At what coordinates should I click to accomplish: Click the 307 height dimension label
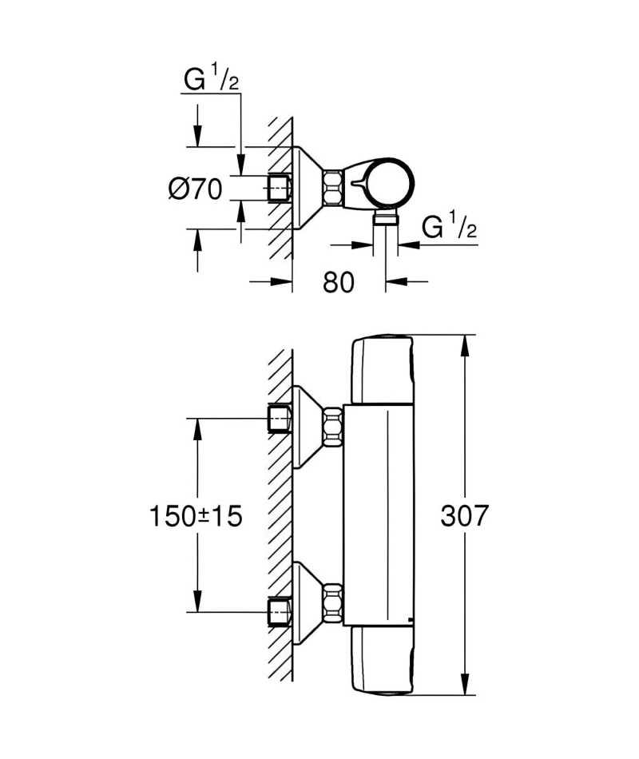click(x=464, y=516)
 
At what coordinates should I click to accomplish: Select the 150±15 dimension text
click(x=196, y=516)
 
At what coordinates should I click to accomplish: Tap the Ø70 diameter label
click(x=196, y=189)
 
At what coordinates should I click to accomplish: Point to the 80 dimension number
click(x=339, y=282)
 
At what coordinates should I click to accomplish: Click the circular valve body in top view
click(x=389, y=183)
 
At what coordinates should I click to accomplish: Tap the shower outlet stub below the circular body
click(x=386, y=217)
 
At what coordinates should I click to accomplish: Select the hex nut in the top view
click(x=332, y=188)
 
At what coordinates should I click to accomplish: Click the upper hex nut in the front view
click(x=332, y=427)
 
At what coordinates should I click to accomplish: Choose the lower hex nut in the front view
click(x=332, y=602)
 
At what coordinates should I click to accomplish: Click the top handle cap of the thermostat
click(x=383, y=370)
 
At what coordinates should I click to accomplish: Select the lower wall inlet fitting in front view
click(x=280, y=613)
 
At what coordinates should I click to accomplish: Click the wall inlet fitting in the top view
click(x=280, y=188)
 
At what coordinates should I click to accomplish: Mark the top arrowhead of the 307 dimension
click(x=464, y=344)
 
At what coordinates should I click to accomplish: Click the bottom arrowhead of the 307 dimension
click(x=464, y=685)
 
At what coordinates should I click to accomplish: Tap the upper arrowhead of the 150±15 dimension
click(x=197, y=429)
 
